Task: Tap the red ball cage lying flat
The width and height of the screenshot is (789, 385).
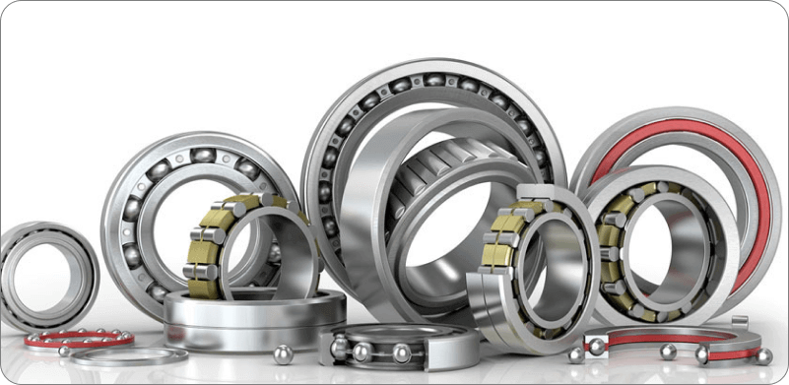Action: (79, 339)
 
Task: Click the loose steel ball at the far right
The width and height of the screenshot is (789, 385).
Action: (763, 355)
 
